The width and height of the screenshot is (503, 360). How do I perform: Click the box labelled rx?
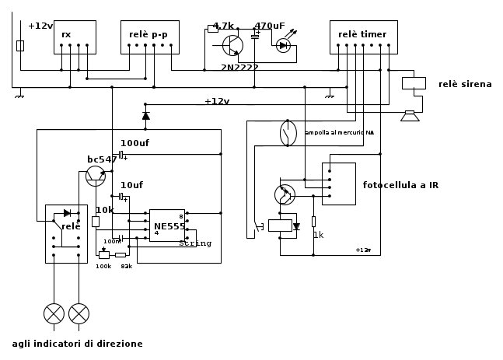coord(75,37)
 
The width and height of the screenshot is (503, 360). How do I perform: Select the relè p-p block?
coord(149,37)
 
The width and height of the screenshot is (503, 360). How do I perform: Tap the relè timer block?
coord(363,37)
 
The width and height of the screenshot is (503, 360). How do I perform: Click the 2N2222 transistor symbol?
coord(232,46)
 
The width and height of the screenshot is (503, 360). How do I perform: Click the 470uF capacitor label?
coord(270,26)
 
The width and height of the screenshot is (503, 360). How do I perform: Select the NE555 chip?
coord(167,225)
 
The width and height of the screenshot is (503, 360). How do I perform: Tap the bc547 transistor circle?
coord(96,176)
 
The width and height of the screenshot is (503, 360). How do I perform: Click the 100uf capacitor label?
coord(134,143)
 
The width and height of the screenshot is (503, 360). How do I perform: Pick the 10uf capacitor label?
coord(131,185)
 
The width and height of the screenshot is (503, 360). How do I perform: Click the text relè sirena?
coord(465,84)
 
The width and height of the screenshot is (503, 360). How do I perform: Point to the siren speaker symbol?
coord(410,116)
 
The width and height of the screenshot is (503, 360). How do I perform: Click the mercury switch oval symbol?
coord(288,133)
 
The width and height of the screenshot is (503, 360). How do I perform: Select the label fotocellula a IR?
coord(400,185)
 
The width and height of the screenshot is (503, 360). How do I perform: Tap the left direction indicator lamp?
coord(54,313)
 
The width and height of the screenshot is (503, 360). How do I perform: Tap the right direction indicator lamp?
coord(79,313)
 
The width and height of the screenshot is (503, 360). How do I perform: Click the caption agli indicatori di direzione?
coord(77,344)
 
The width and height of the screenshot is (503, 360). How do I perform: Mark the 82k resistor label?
coord(126,266)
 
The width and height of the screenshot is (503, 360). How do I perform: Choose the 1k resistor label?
coord(318,235)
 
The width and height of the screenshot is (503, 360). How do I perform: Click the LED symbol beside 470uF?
coord(283,46)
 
